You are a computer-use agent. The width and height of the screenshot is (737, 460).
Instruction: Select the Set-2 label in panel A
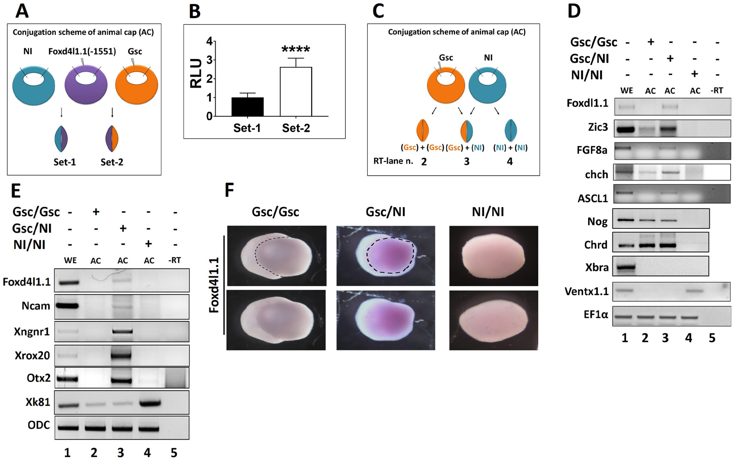112,162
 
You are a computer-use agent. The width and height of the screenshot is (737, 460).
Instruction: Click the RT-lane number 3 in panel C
466,161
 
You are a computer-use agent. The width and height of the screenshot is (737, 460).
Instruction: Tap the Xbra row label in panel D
597,267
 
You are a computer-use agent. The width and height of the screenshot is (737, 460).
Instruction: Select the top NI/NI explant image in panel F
493,256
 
